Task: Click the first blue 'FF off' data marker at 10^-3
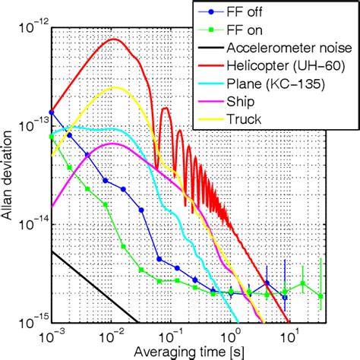[x=52, y=112]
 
